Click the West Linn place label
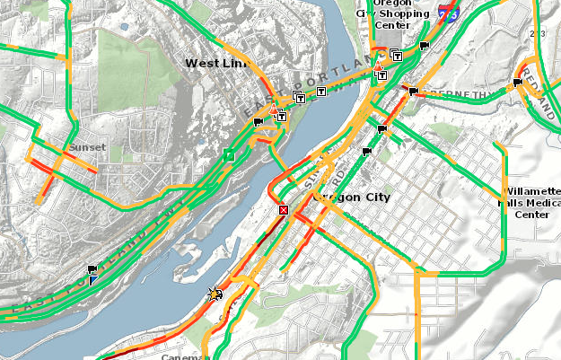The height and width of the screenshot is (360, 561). click(214, 63)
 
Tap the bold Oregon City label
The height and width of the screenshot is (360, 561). click(352, 197)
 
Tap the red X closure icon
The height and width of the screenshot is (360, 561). click(284, 209)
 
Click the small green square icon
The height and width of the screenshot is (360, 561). click(229, 154)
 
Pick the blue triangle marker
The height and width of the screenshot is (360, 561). click(92, 279)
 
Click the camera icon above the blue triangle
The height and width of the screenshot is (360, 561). click(92, 268)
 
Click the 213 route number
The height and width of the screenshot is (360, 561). click(539, 33)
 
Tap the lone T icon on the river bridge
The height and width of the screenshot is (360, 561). click(321, 92)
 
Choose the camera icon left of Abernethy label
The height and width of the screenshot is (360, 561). click(412, 92)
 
